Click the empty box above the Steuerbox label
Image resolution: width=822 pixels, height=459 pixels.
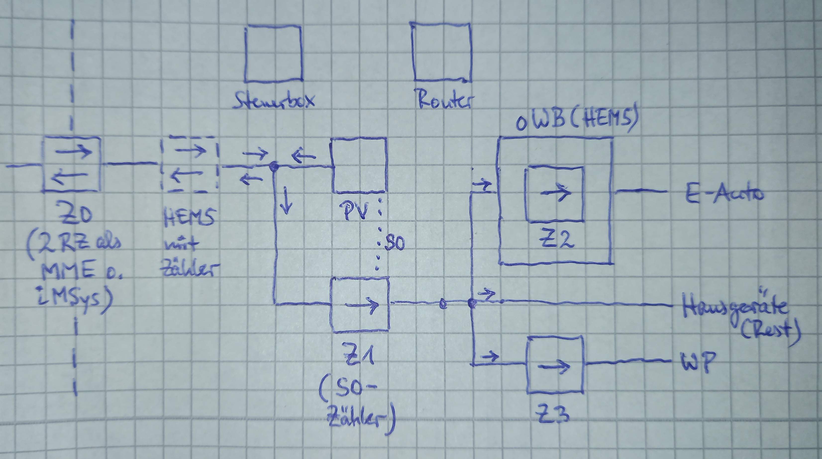[x=273, y=53]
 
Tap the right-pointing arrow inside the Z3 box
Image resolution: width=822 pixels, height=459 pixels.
[x=554, y=367]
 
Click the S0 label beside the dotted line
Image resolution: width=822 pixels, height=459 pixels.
[x=395, y=243]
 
